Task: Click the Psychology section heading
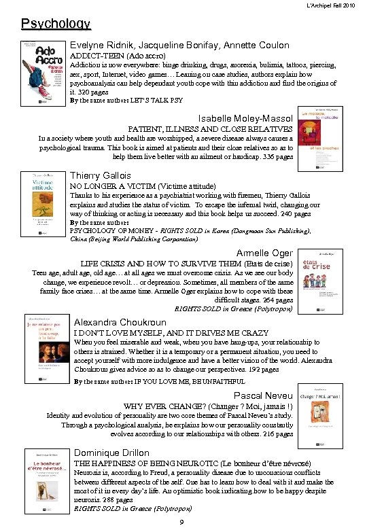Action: pyautogui.click(x=56, y=24)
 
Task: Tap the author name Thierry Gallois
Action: pyautogui.click(x=101, y=175)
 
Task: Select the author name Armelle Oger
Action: pyautogui.click(x=264, y=253)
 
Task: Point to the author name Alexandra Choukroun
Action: pyautogui.click(x=119, y=322)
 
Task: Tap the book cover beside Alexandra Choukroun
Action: pyautogui.click(x=45, y=349)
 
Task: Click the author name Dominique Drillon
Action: pyautogui.click(x=111, y=453)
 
